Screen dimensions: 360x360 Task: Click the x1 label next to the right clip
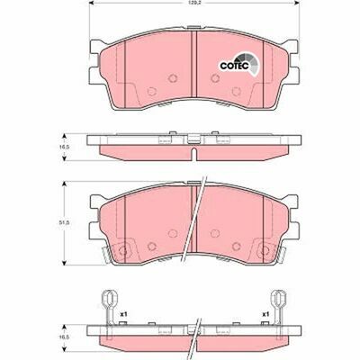[265, 314]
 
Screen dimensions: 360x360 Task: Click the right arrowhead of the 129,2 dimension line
[296, 10]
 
